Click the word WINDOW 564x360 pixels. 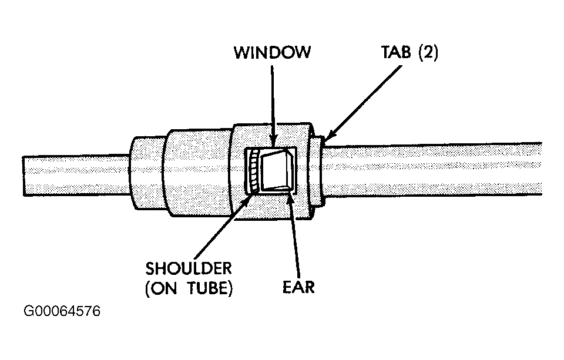tap(272, 52)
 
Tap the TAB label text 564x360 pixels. tap(395, 52)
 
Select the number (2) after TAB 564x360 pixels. tap(428, 52)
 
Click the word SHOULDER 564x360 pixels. tap(189, 268)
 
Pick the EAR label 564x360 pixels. tap(298, 287)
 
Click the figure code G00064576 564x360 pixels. tap(62, 311)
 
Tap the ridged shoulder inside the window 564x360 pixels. tap(253, 170)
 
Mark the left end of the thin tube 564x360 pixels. tap(23, 176)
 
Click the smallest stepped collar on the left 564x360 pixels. tap(147, 173)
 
